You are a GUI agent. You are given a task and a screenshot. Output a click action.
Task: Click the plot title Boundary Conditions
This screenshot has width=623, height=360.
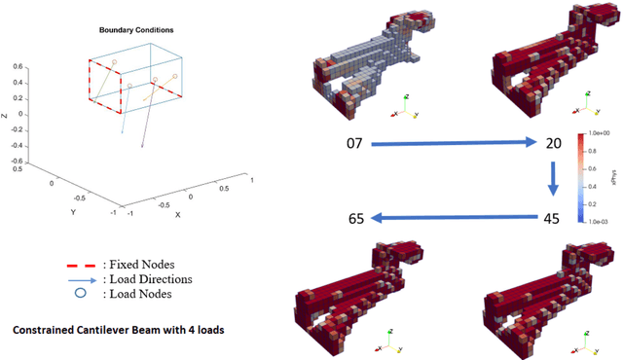click(x=131, y=30)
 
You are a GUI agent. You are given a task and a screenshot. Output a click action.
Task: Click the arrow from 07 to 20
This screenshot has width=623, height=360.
click(x=452, y=144)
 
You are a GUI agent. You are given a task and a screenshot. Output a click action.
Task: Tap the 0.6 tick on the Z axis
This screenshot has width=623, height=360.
click(x=17, y=67)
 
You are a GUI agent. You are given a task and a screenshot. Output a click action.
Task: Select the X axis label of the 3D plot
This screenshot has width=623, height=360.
click(x=177, y=214)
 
